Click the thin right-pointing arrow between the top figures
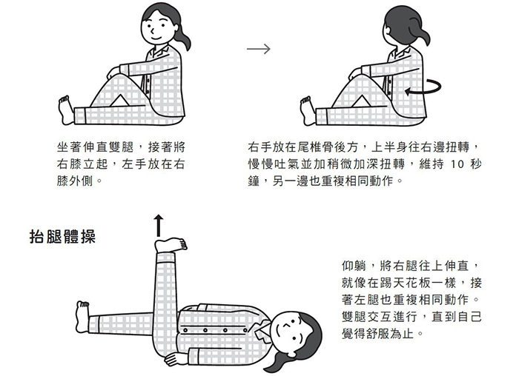(258, 50)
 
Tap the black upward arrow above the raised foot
(159, 225)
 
